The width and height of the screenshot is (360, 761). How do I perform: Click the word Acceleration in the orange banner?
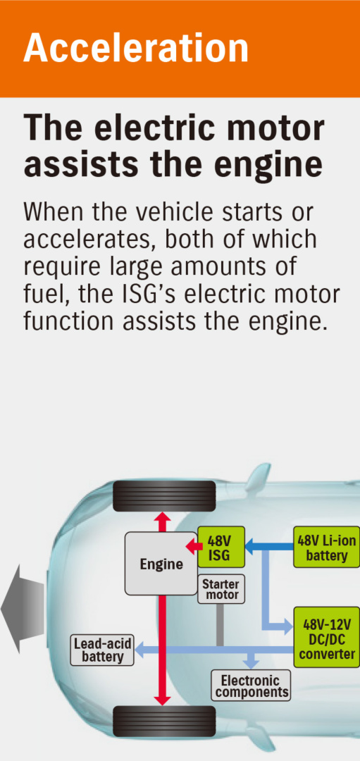(x=135, y=48)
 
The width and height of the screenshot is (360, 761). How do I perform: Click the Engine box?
(x=161, y=564)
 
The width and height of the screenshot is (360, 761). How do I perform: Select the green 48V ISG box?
(x=221, y=547)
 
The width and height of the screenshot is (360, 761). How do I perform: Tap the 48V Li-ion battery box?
(x=326, y=547)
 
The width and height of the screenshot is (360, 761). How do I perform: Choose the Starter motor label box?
(x=221, y=589)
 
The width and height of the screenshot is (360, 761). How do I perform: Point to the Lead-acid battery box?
(x=102, y=650)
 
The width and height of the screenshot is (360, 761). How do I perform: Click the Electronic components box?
(x=251, y=686)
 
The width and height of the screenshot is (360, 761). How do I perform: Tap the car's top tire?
(x=164, y=496)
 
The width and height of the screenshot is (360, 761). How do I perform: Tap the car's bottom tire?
(x=164, y=721)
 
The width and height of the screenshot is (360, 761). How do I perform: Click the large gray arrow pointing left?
(x=23, y=609)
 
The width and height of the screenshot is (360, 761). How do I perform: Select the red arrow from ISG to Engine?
(x=192, y=547)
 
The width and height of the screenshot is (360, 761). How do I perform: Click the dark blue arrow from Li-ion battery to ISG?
(x=269, y=547)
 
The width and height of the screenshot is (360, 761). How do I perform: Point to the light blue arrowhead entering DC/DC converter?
(x=287, y=626)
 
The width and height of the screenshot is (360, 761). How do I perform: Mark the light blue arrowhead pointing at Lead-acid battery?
(x=140, y=650)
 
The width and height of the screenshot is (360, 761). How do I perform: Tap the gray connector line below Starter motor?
(x=220, y=624)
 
